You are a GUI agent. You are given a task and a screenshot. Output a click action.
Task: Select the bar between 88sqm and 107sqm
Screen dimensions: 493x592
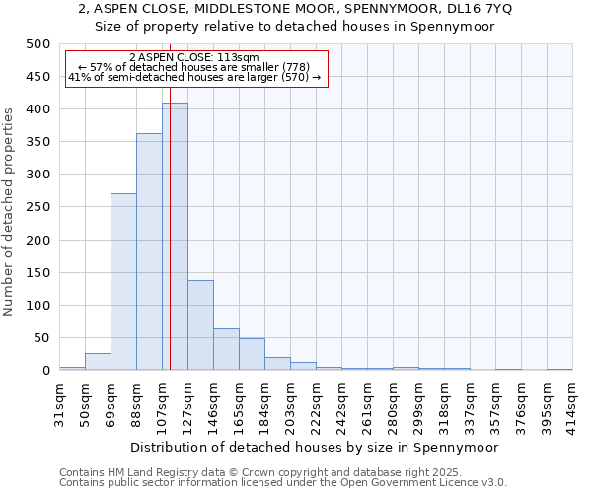pos(149,251)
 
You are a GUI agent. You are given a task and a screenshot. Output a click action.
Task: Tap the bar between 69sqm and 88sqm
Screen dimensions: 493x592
pos(123,282)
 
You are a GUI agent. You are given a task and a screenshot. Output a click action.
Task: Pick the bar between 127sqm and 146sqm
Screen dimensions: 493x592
pos(200,325)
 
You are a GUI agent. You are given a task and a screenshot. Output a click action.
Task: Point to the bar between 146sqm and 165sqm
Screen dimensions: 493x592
pos(226,349)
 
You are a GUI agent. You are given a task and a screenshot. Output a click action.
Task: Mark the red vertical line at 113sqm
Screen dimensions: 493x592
pos(170,197)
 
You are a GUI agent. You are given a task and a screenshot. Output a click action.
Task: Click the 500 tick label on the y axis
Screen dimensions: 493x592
pos(38,44)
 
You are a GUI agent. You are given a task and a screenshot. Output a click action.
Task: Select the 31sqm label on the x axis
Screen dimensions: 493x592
pos(60,401)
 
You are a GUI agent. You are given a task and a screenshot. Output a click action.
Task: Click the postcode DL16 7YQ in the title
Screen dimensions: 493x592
pos(473,9)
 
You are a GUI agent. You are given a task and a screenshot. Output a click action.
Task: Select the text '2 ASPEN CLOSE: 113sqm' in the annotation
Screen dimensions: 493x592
pos(194,58)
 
